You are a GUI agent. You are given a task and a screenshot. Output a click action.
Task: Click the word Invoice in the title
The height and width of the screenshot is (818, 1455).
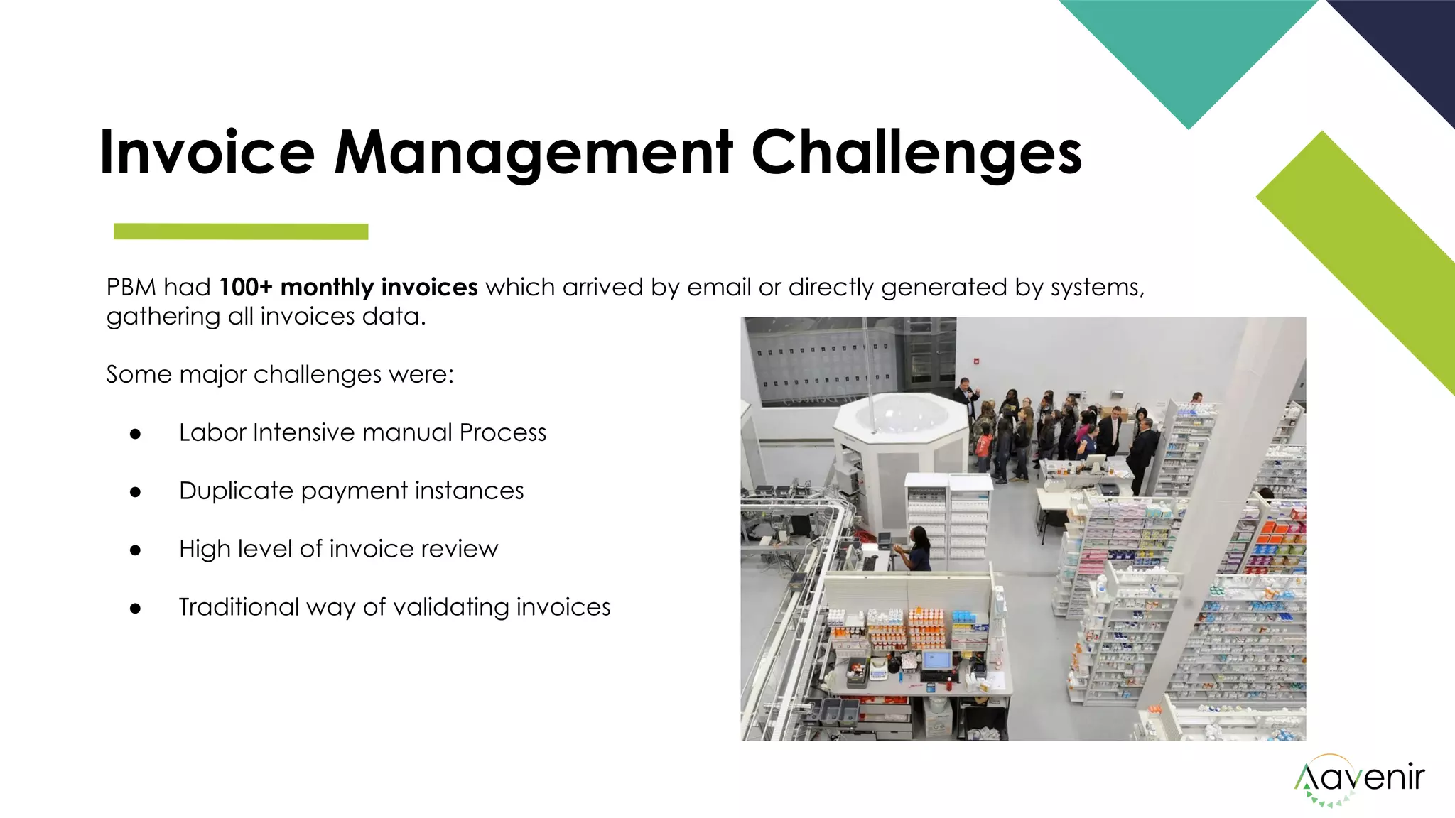click(x=207, y=152)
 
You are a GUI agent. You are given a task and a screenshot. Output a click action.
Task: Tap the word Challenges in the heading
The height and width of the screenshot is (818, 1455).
click(x=916, y=152)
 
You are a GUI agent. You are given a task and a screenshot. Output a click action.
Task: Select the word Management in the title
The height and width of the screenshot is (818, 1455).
click(x=533, y=152)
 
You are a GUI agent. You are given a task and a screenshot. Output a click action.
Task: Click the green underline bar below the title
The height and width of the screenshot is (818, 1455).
click(x=241, y=231)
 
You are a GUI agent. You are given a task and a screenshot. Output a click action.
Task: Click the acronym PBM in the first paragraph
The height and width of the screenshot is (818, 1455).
click(x=131, y=287)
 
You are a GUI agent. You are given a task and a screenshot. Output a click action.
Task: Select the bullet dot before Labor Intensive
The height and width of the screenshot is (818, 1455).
click(x=135, y=433)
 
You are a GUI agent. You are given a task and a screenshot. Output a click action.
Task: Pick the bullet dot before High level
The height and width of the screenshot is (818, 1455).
click(x=135, y=550)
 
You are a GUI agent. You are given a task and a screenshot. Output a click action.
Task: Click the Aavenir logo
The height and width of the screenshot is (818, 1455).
click(x=1358, y=779)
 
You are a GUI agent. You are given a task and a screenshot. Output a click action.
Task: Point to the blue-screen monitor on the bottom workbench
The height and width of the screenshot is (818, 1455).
click(x=936, y=660)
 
